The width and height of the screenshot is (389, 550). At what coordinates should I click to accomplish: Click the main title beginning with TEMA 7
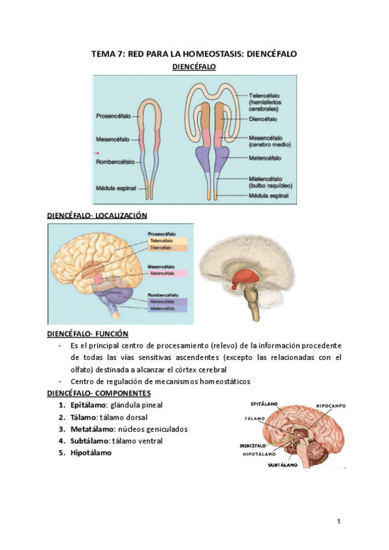click(194, 54)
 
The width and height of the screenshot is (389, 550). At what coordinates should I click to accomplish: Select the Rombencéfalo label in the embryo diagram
click(115, 161)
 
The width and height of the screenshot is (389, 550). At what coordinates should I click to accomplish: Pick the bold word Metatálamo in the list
click(92, 429)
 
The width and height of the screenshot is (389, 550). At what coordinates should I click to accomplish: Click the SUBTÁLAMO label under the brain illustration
click(283, 465)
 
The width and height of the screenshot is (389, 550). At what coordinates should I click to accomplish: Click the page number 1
click(338, 521)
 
